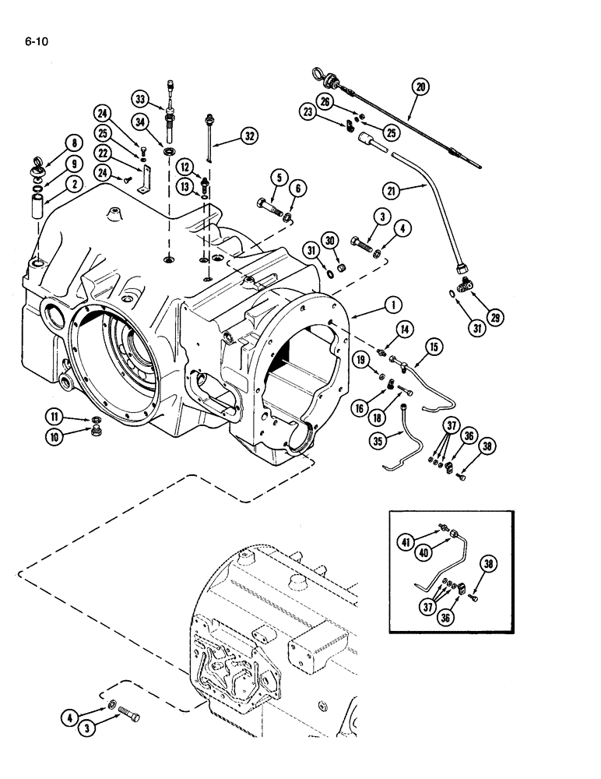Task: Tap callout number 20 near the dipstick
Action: pyautogui.click(x=420, y=87)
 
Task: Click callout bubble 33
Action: pyautogui.click(x=140, y=99)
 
